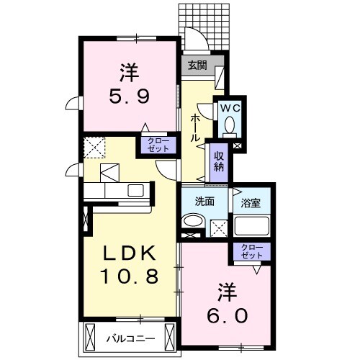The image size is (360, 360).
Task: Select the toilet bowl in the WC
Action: click(x=230, y=127)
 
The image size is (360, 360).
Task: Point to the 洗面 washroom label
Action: click(x=204, y=202)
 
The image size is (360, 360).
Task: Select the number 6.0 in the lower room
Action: click(x=230, y=315)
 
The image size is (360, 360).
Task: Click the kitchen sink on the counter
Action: click(x=136, y=191)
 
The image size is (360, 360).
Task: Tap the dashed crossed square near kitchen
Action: click(x=94, y=147)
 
